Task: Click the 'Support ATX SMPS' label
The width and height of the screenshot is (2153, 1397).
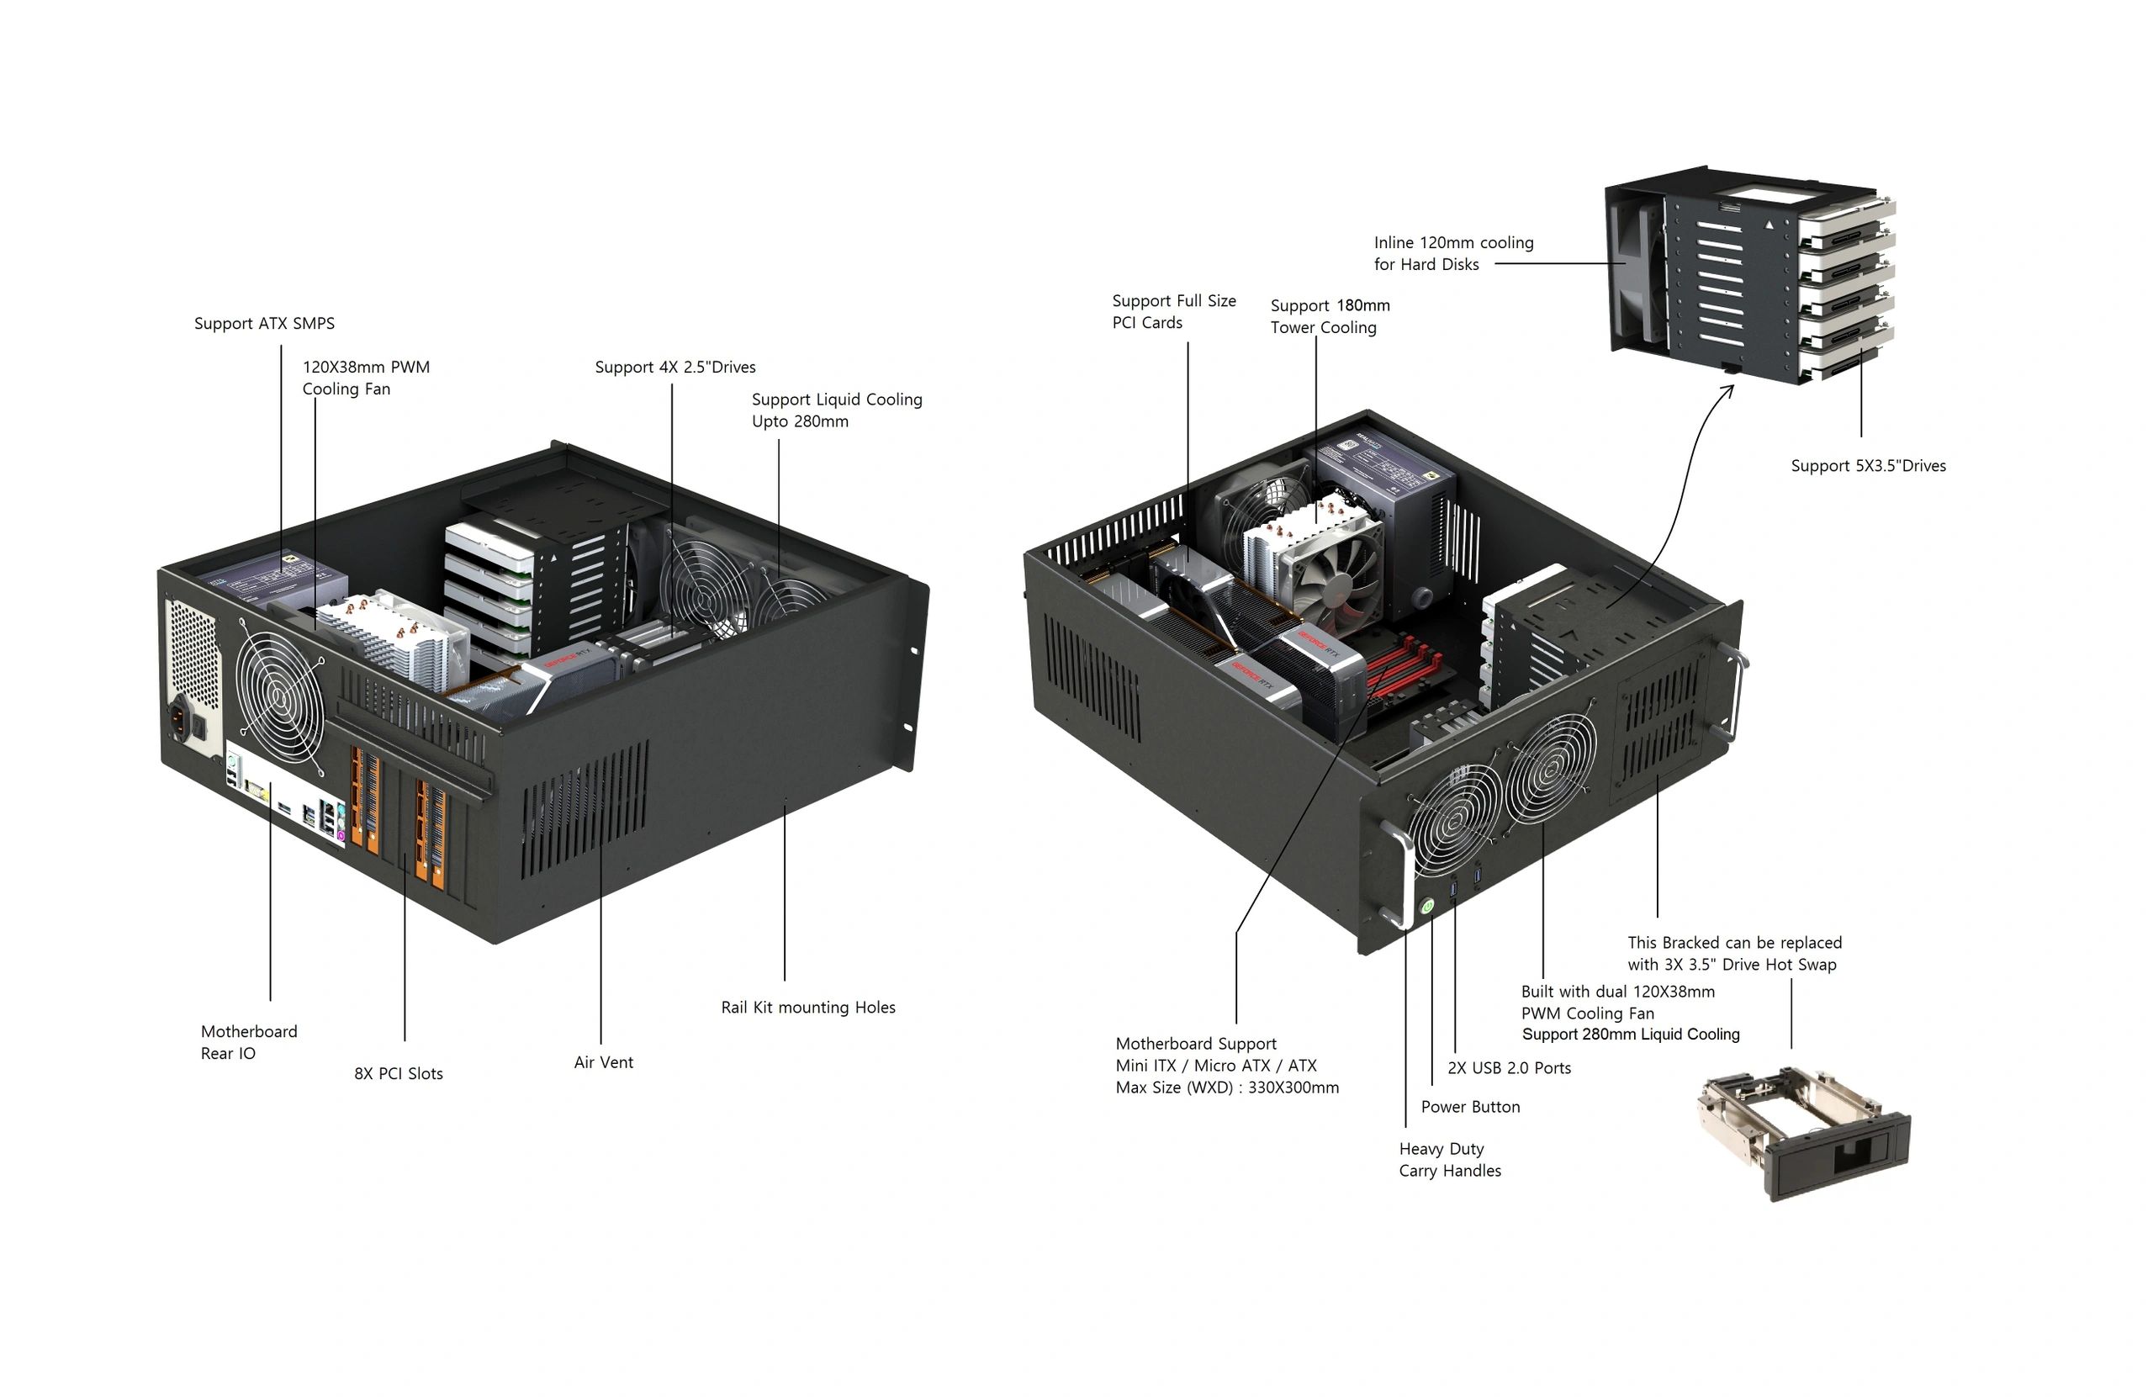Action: pos(264,324)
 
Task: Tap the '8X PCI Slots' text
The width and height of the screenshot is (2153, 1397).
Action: pos(398,1074)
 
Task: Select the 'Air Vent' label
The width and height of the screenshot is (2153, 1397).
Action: pos(603,1062)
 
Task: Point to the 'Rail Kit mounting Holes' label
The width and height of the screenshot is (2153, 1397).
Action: pos(808,1007)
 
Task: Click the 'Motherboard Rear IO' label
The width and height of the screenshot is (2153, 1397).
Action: pos(248,1042)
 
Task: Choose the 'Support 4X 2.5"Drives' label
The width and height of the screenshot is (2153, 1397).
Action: pos(674,368)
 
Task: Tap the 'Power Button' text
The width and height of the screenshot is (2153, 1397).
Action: pos(1470,1107)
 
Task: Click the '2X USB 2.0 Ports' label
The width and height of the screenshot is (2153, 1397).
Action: pos(1509,1067)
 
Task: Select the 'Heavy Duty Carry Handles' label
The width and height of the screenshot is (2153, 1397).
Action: pos(1449,1159)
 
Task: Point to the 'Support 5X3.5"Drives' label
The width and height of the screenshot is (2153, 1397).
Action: pos(1868,466)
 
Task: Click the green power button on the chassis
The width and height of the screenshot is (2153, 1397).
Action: pos(1426,905)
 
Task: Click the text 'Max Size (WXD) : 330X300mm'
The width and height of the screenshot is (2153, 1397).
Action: pos(1227,1087)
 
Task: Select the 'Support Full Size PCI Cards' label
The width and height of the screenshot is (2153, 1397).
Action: pos(1173,311)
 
